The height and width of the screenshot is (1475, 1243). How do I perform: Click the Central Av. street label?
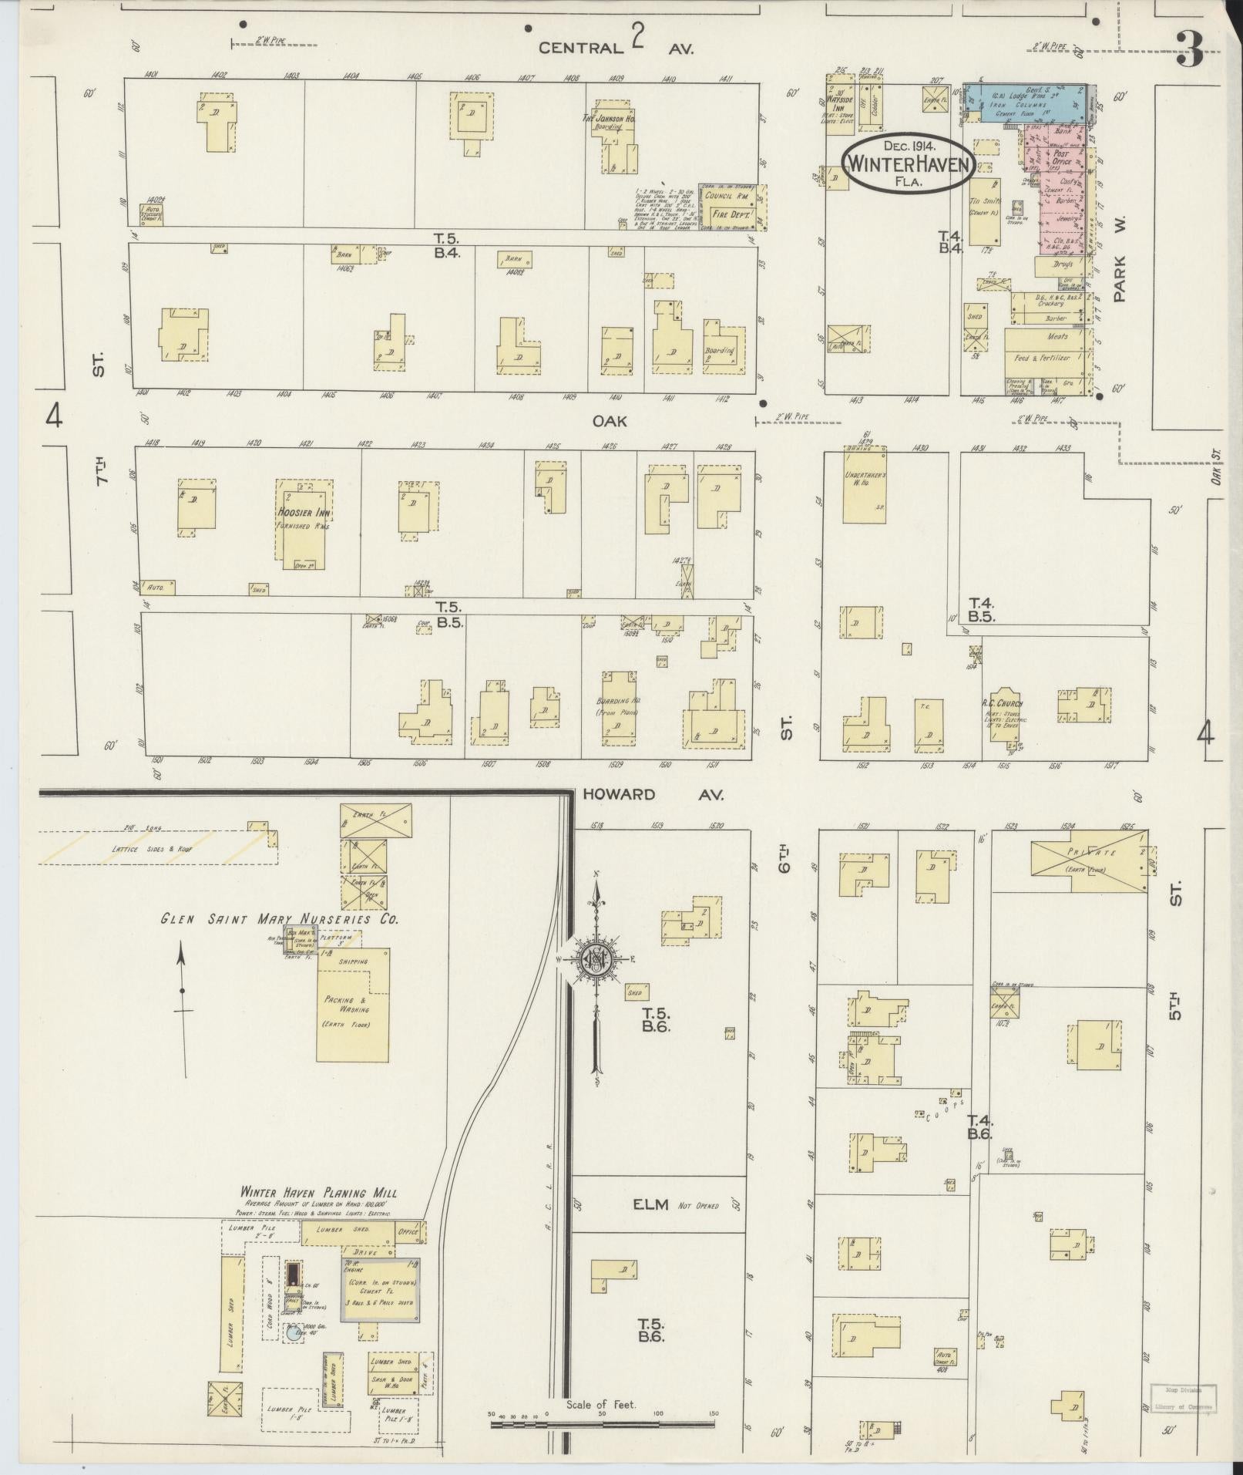click(616, 47)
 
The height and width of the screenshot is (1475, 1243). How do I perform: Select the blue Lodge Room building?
click(1026, 103)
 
